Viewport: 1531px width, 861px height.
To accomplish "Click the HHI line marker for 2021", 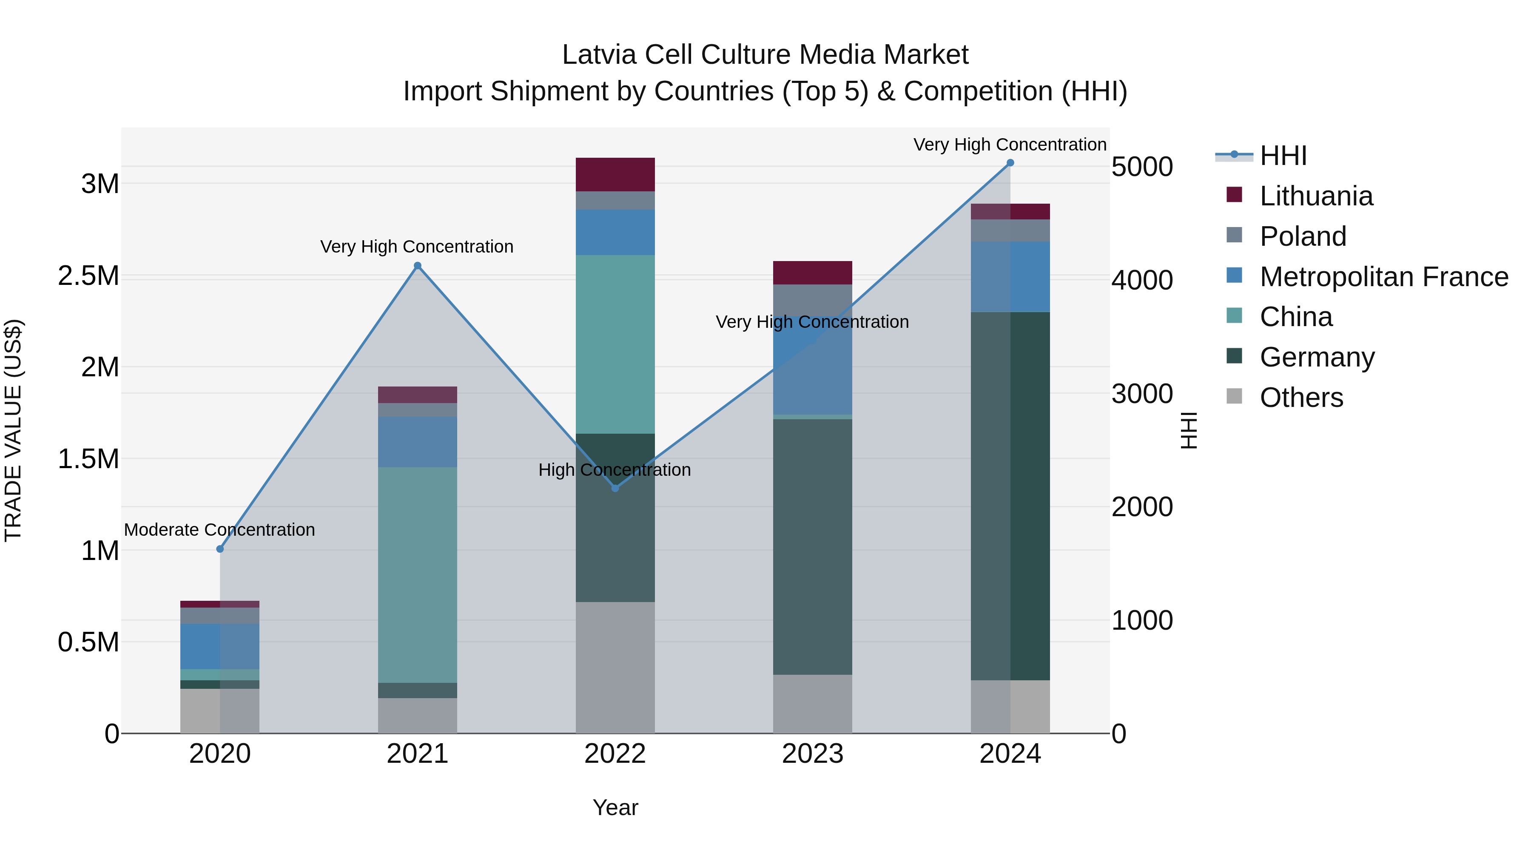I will (417, 266).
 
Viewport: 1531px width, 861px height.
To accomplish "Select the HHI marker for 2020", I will (220, 548).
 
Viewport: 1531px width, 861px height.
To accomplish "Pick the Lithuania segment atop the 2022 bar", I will (615, 174).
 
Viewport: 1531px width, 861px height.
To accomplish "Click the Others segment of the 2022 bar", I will (615, 667).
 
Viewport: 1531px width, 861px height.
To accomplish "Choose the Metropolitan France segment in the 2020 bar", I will (220, 646).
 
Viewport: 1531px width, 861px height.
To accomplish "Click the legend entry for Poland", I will (1302, 236).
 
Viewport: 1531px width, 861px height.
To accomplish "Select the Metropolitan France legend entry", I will (1383, 277).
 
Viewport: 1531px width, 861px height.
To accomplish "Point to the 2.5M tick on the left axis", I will (88, 276).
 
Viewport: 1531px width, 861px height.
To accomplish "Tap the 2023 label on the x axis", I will (812, 754).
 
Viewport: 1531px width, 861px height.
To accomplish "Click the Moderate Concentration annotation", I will (219, 529).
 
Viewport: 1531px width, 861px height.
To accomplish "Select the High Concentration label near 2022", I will (615, 469).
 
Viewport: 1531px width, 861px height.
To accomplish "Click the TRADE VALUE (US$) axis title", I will (13, 430).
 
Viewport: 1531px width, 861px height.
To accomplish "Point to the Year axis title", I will (615, 807).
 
